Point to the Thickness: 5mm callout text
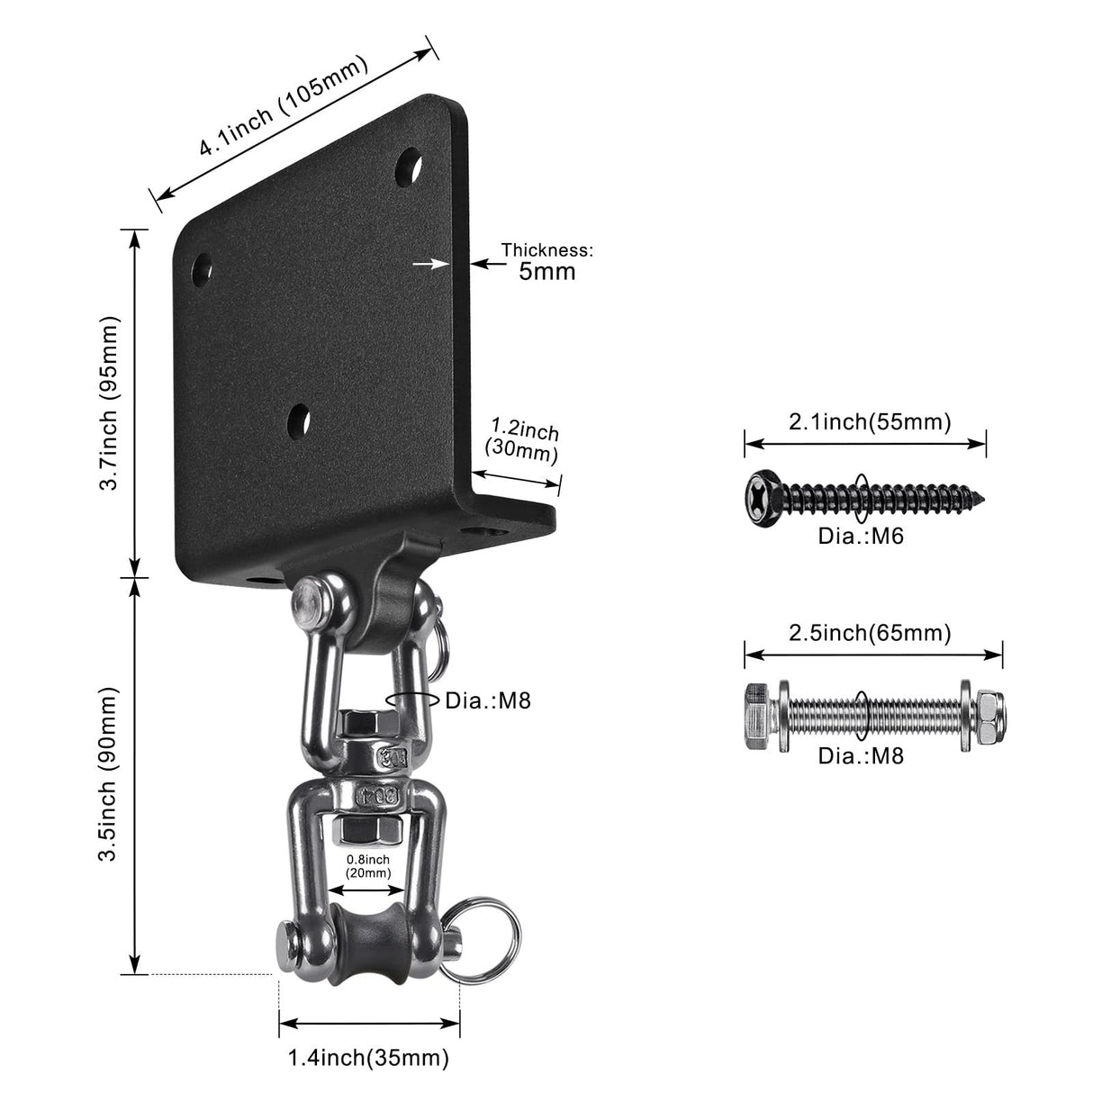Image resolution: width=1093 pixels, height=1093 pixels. (x=547, y=261)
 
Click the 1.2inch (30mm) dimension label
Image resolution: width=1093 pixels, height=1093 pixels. (x=522, y=439)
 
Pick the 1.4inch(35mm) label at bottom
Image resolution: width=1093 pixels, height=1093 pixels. (x=368, y=1057)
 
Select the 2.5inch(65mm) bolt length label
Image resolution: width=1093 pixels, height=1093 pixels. (x=870, y=633)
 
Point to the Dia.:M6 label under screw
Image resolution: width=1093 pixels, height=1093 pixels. (x=860, y=537)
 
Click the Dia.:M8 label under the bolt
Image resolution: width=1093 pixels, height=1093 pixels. (x=860, y=754)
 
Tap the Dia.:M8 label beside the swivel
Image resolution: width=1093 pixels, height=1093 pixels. (x=488, y=700)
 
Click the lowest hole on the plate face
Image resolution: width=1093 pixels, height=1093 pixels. (x=299, y=419)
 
